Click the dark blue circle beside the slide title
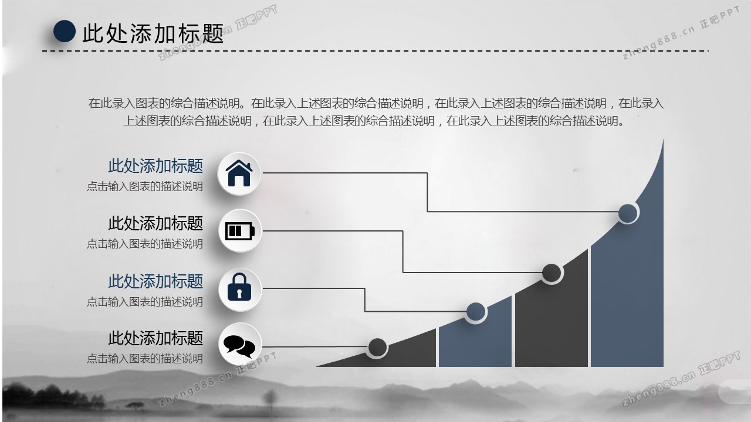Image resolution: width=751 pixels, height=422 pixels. tap(65, 31)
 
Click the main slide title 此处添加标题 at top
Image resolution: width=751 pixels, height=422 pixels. tap(153, 33)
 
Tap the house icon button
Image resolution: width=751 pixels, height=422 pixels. tap(239, 173)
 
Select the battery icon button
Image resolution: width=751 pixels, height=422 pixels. tap(239, 231)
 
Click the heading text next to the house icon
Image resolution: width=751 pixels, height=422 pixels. tap(155, 166)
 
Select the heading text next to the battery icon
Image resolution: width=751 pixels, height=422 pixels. tap(155, 223)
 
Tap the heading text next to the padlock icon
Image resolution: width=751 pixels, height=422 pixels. tap(155, 281)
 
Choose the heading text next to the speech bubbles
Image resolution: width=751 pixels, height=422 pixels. tap(155, 338)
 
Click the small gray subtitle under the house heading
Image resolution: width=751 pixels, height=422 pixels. tap(145, 186)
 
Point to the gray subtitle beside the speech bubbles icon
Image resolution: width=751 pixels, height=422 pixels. tap(145, 358)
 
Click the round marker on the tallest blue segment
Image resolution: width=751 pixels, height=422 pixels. tap(628, 213)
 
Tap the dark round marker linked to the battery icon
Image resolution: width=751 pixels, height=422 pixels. tap(552, 273)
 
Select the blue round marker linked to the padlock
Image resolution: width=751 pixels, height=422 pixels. tap(475, 312)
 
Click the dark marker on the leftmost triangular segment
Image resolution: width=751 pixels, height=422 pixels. tap(377, 348)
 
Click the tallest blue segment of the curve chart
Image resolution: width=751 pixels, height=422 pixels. tap(627, 293)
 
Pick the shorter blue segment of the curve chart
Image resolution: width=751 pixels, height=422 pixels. tap(475, 343)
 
